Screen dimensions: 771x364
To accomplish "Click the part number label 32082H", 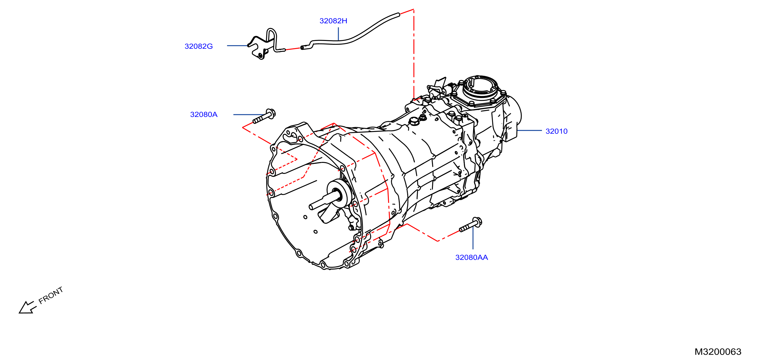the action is pos(333,21).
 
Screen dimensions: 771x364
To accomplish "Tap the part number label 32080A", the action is pos(203,115).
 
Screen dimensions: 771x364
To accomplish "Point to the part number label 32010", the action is pos(556,131).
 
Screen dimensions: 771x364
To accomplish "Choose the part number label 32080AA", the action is pos(471,258).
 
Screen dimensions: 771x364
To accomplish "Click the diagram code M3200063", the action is pos(718,352).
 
